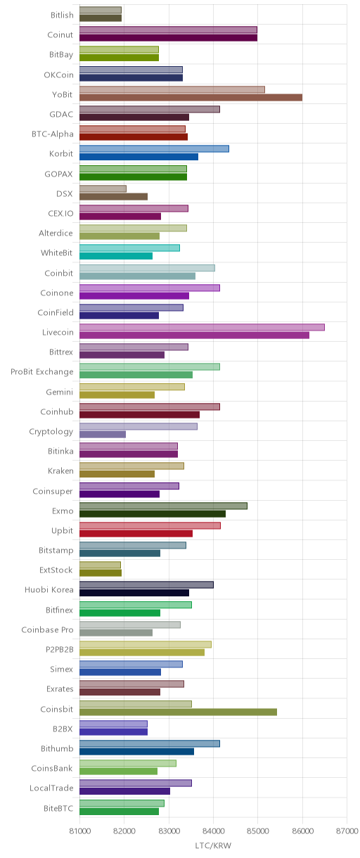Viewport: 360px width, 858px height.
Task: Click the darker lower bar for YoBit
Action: [x=191, y=98]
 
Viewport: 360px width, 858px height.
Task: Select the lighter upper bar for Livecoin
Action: [x=202, y=327]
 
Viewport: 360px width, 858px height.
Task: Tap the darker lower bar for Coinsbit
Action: [x=178, y=712]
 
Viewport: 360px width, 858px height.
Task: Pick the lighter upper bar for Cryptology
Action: [x=139, y=426]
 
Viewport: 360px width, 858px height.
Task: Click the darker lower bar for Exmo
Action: [x=153, y=514]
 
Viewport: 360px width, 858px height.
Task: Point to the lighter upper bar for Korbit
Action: [x=155, y=148]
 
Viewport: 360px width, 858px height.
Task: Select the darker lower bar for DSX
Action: [x=113, y=196]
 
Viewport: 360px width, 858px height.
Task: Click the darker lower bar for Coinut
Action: [x=169, y=38]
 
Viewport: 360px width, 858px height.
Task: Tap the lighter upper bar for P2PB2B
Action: [x=146, y=644]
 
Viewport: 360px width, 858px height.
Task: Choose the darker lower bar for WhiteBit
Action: [x=116, y=256]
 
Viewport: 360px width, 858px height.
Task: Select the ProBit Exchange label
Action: [x=41, y=372]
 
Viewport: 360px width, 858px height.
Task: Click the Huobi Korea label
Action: [x=49, y=589]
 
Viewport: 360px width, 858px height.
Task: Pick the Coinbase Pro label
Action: [x=48, y=629]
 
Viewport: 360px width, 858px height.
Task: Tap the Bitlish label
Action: [x=62, y=15]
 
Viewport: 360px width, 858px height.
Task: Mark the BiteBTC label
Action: [x=58, y=808]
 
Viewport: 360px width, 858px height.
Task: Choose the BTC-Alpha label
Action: [x=53, y=134]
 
